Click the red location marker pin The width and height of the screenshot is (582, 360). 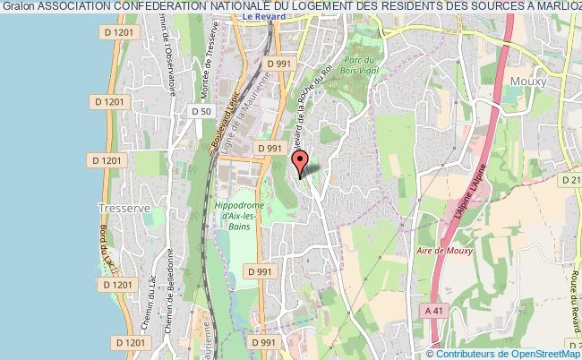pos(301,162)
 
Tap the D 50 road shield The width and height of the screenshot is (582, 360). pos(201,110)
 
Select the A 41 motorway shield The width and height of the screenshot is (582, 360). pos(434,310)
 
